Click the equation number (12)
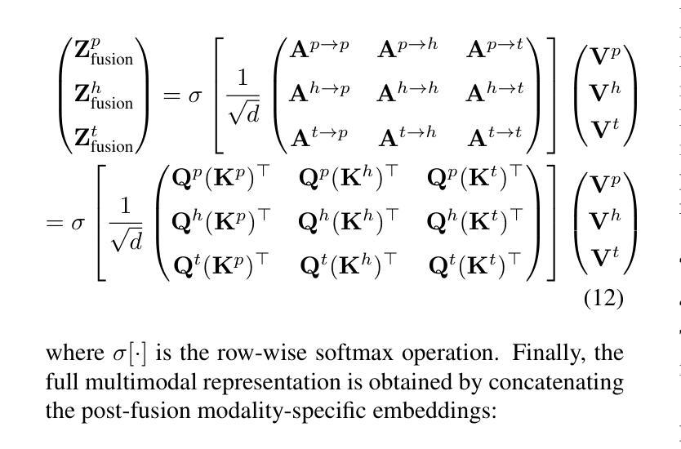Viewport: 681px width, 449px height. point(603,298)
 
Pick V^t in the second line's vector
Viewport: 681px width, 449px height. point(605,259)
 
